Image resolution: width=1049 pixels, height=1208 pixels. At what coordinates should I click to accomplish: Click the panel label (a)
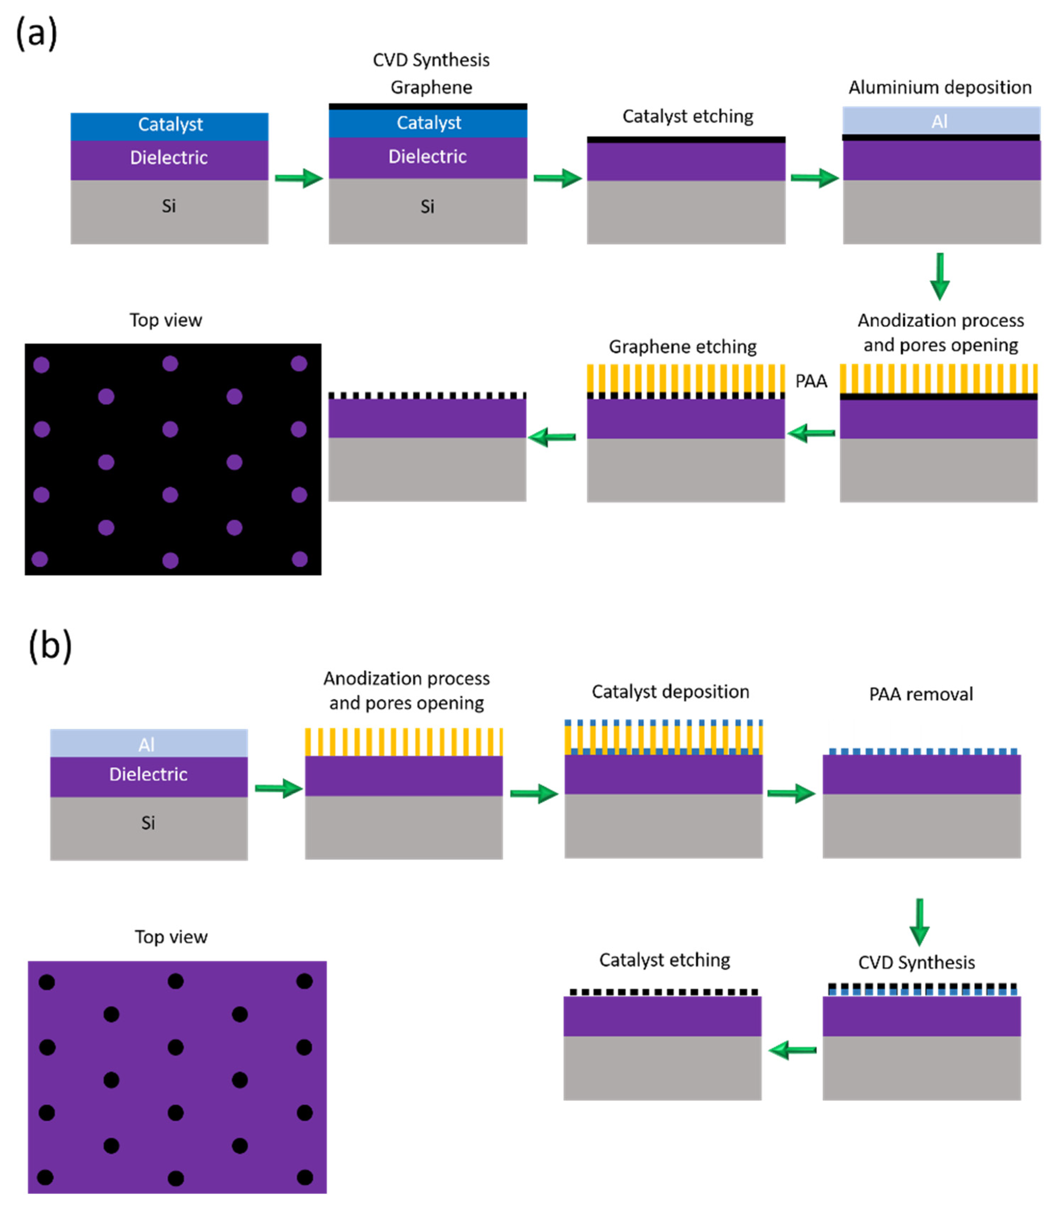tap(36, 33)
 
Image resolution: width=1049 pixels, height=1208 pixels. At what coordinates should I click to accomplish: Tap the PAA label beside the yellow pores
tap(811, 381)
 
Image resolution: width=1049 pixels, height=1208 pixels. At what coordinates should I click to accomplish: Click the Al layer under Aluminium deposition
tap(941, 121)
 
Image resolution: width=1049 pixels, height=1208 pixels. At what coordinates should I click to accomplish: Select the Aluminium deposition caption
tap(940, 87)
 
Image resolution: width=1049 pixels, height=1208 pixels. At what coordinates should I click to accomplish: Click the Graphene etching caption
tap(683, 347)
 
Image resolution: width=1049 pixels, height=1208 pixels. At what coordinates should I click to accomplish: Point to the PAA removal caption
tap(921, 694)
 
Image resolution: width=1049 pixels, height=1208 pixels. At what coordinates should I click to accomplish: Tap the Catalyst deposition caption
tap(670, 692)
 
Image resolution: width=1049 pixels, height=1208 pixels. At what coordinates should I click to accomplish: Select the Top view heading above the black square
tap(166, 320)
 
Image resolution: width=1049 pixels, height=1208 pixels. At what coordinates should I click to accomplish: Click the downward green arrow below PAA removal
tap(919, 922)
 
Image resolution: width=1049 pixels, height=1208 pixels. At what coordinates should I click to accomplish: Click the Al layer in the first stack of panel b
tap(149, 744)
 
